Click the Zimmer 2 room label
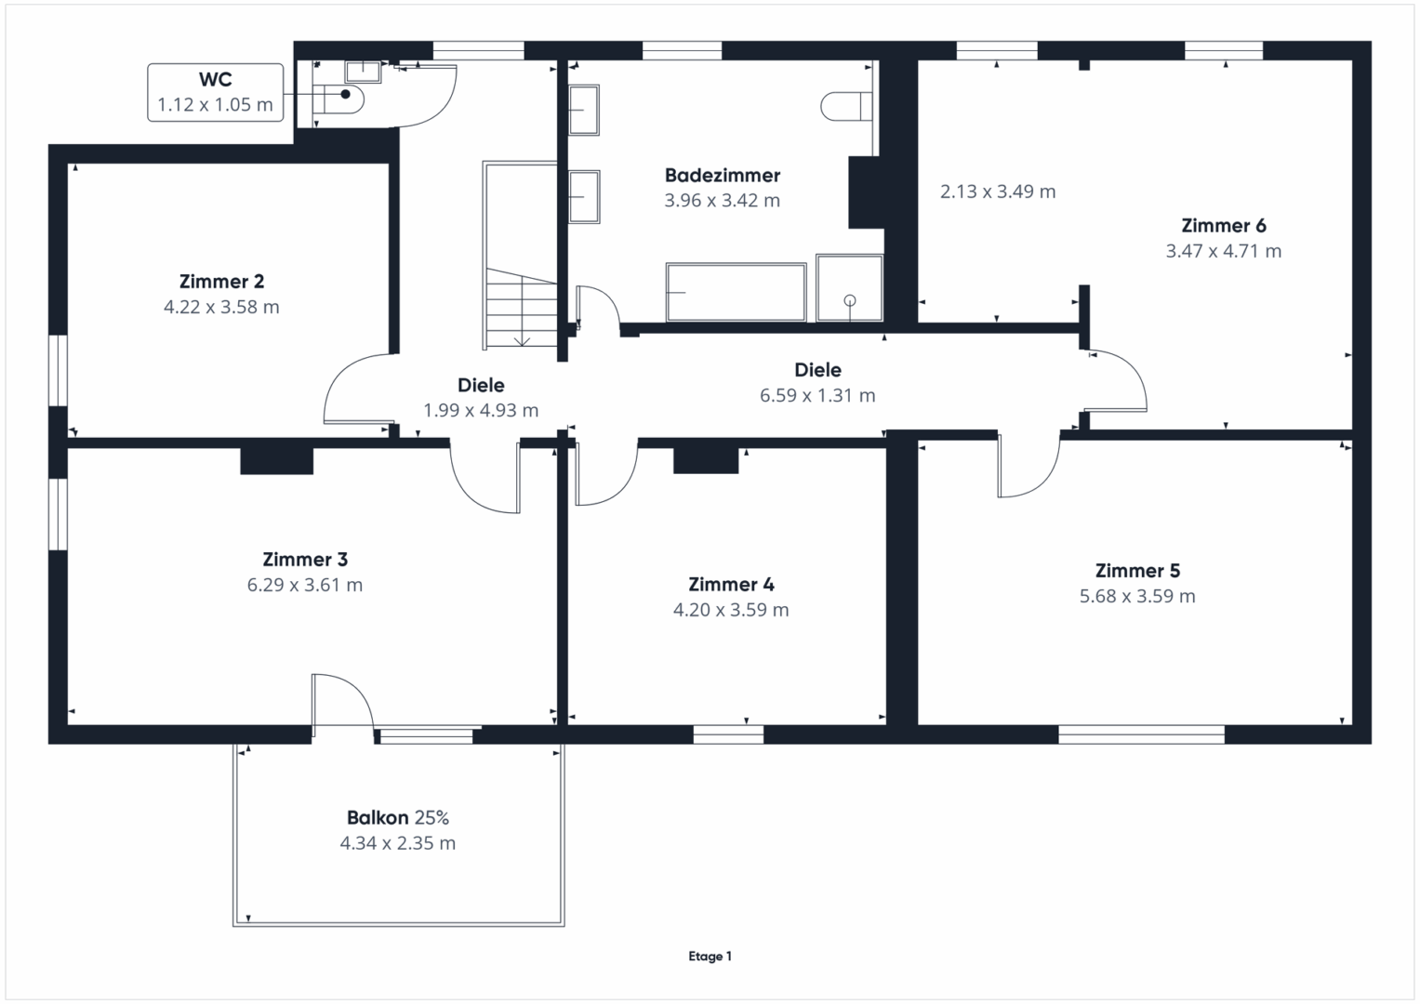tap(221, 281)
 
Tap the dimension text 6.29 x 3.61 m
tap(305, 585)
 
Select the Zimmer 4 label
tap(731, 584)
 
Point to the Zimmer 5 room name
tap(1137, 571)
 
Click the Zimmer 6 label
tap(1224, 225)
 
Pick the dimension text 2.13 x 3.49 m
tap(998, 192)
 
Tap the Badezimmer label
tap(722, 175)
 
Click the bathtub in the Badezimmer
tap(736, 292)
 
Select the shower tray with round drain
tap(849, 288)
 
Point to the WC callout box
tap(216, 93)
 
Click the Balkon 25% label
tap(397, 818)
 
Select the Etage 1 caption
tap(710, 956)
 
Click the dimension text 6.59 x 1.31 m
tap(817, 395)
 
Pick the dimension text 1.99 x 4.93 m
tap(481, 411)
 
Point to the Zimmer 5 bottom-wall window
tap(1141, 734)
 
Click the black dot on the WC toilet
tap(346, 95)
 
